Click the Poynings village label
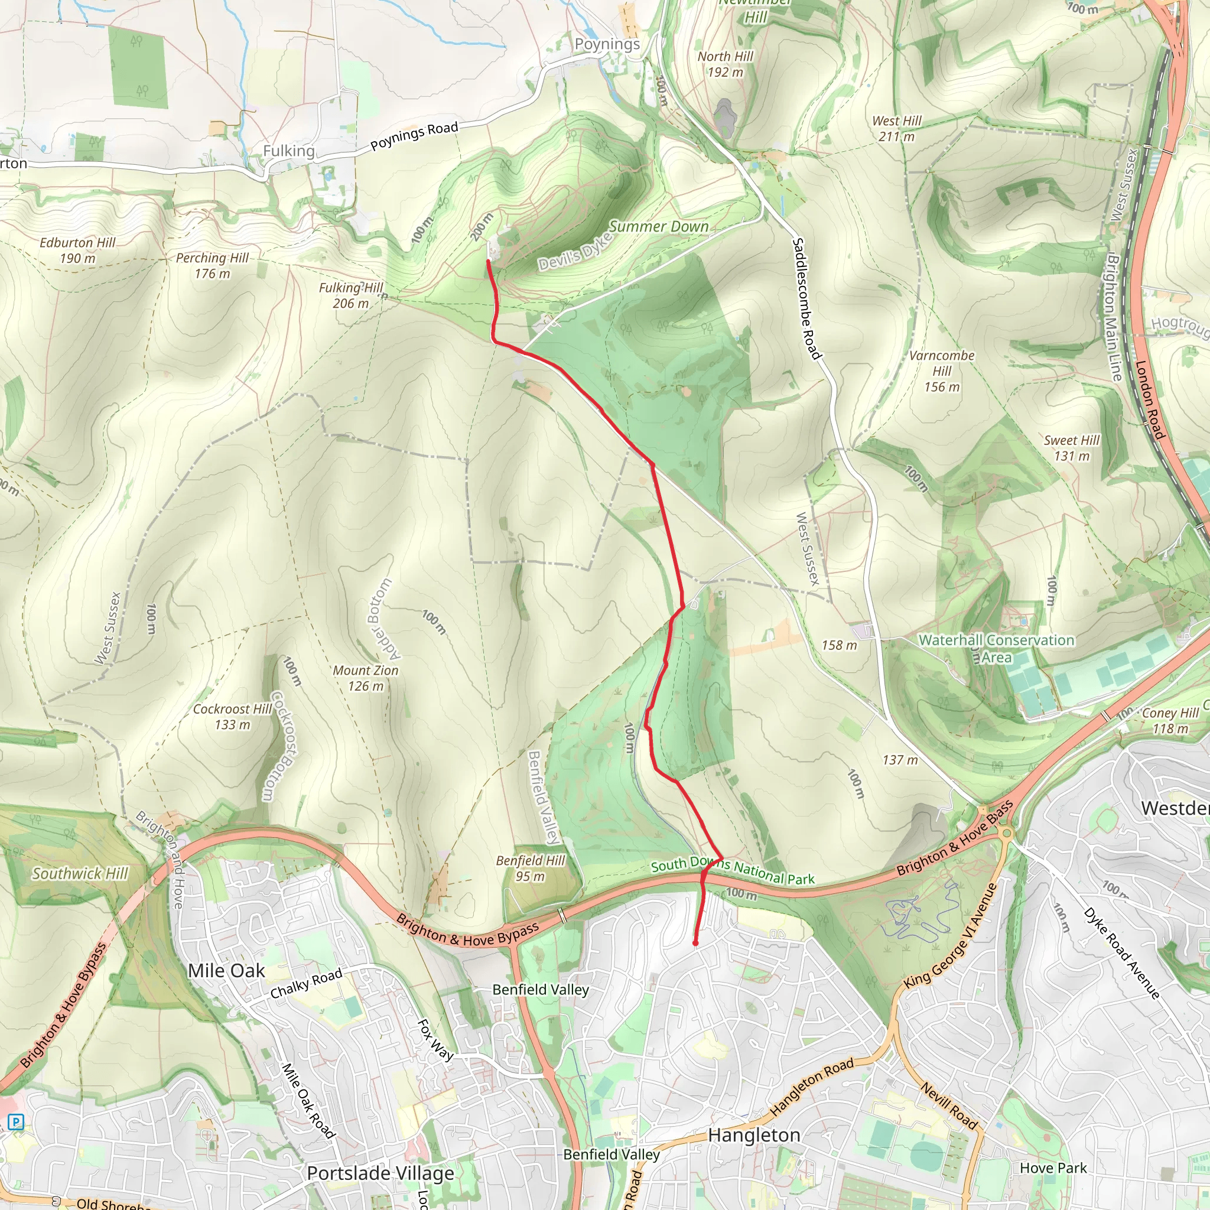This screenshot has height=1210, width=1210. coord(607,44)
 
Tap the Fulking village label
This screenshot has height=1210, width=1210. coord(288,150)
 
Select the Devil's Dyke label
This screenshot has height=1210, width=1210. coord(574,252)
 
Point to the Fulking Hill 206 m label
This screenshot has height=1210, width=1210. coord(351,295)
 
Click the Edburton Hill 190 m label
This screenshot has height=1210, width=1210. coord(77,250)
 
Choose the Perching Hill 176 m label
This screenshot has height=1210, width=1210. coord(212,265)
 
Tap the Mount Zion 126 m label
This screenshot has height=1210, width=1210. coord(365,678)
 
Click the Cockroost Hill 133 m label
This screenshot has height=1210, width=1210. coord(232,717)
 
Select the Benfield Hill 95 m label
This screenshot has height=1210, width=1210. coord(530,868)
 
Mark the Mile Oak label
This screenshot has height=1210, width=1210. coord(226,970)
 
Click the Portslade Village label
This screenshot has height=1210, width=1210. coord(380,1173)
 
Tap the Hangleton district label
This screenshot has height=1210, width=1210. coord(753,1135)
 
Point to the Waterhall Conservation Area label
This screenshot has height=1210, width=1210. coord(996,648)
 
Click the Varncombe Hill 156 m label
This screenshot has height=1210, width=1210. coord(941,371)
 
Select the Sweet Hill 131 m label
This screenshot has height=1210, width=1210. coord(1071,448)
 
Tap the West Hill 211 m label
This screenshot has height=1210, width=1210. coord(896,128)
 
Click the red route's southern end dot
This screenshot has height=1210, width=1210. coord(695,942)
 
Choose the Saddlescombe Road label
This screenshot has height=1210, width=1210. coord(806,298)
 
